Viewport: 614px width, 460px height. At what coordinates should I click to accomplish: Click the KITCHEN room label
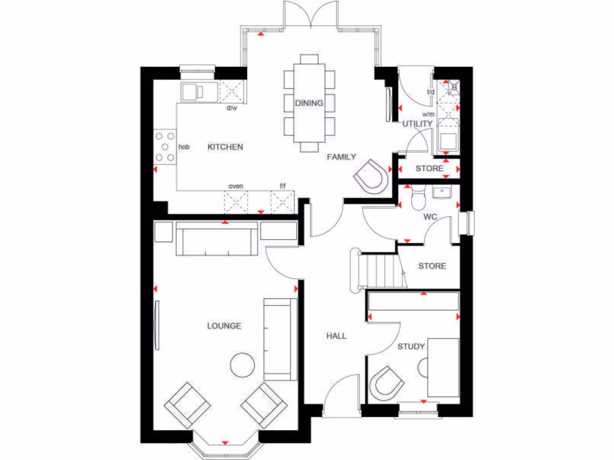pyautogui.click(x=225, y=147)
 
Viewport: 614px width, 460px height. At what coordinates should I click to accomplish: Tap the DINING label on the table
pyautogui.click(x=309, y=103)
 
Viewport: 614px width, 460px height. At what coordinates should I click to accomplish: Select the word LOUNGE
pyautogui.click(x=224, y=326)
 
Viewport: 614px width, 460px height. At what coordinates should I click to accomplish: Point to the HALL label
pyautogui.click(x=336, y=336)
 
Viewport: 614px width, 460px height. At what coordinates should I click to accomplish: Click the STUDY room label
pyautogui.click(x=411, y=346)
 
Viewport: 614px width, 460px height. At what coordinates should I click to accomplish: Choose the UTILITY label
pyautogui.click(x=417, y=124)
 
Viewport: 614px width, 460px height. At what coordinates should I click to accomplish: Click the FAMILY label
pyautogui.click(x=341, y=157)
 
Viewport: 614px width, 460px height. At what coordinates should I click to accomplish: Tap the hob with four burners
pyautogui.click(x=165, y=147)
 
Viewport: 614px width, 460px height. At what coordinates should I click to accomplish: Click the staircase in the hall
pyautogui.click(x=378, y=270)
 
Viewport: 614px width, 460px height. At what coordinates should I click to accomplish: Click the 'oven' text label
pyautogui.click(x=235, y=186)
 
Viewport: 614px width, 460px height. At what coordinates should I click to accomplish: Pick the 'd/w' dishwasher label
pyautogui.click(x=231, y=108)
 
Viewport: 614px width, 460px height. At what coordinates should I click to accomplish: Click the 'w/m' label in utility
pyautogui.click(x=428, y=114)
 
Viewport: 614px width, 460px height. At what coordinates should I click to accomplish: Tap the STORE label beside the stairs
pyautogui.click(x=432, y=266)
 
